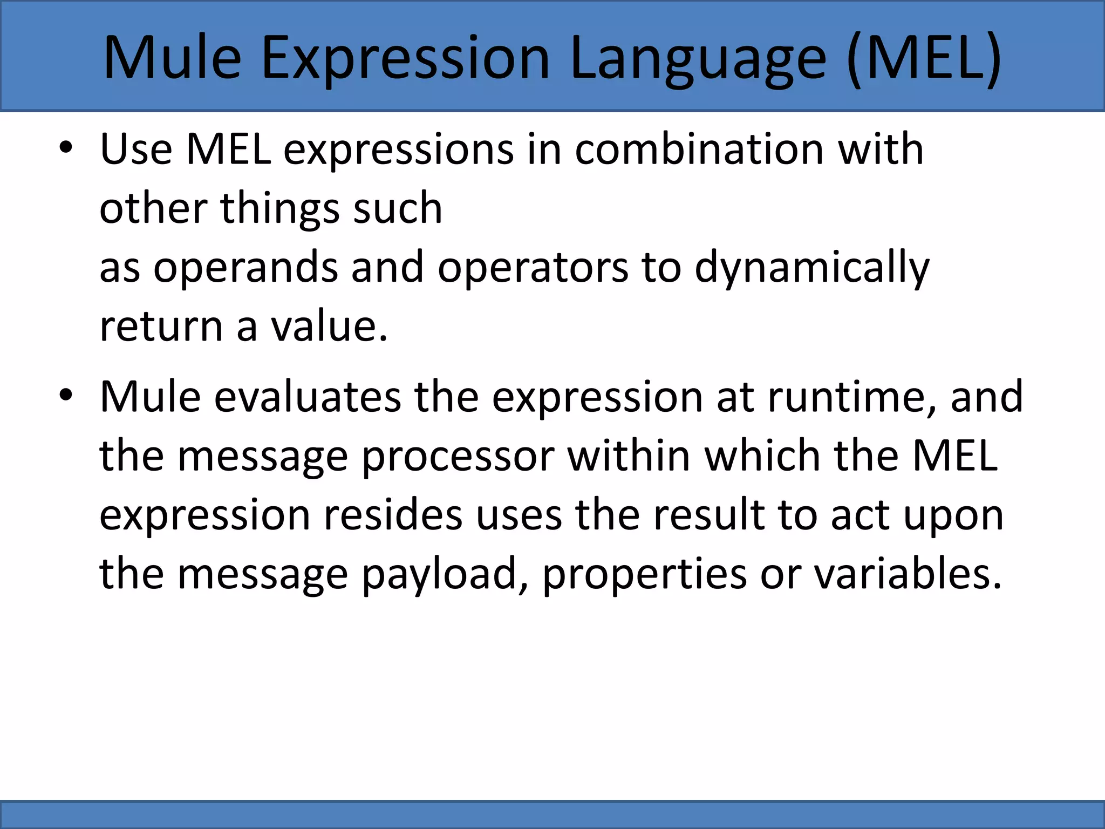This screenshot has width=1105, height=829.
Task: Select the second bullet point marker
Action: click(x=65, y=396)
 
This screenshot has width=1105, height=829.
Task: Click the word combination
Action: click(x=699, y=150)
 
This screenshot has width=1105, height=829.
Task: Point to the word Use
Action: click(x=136, y=150)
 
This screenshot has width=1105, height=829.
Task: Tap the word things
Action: click(x=280, y=209)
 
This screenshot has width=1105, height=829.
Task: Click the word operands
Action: click(x=246, y=268)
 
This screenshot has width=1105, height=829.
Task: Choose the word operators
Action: click(x=533, y=268)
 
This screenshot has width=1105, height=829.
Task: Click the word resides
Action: click(x=393, y=515)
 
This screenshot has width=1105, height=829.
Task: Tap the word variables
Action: click(x=908, y=574)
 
